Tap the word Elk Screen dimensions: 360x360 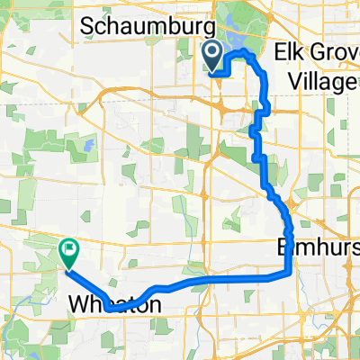pos(294,50)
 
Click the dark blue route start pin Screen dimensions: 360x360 pos(213,56)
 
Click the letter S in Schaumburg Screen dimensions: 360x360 pos(88,26)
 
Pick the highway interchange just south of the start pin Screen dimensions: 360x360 pos(221,105)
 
